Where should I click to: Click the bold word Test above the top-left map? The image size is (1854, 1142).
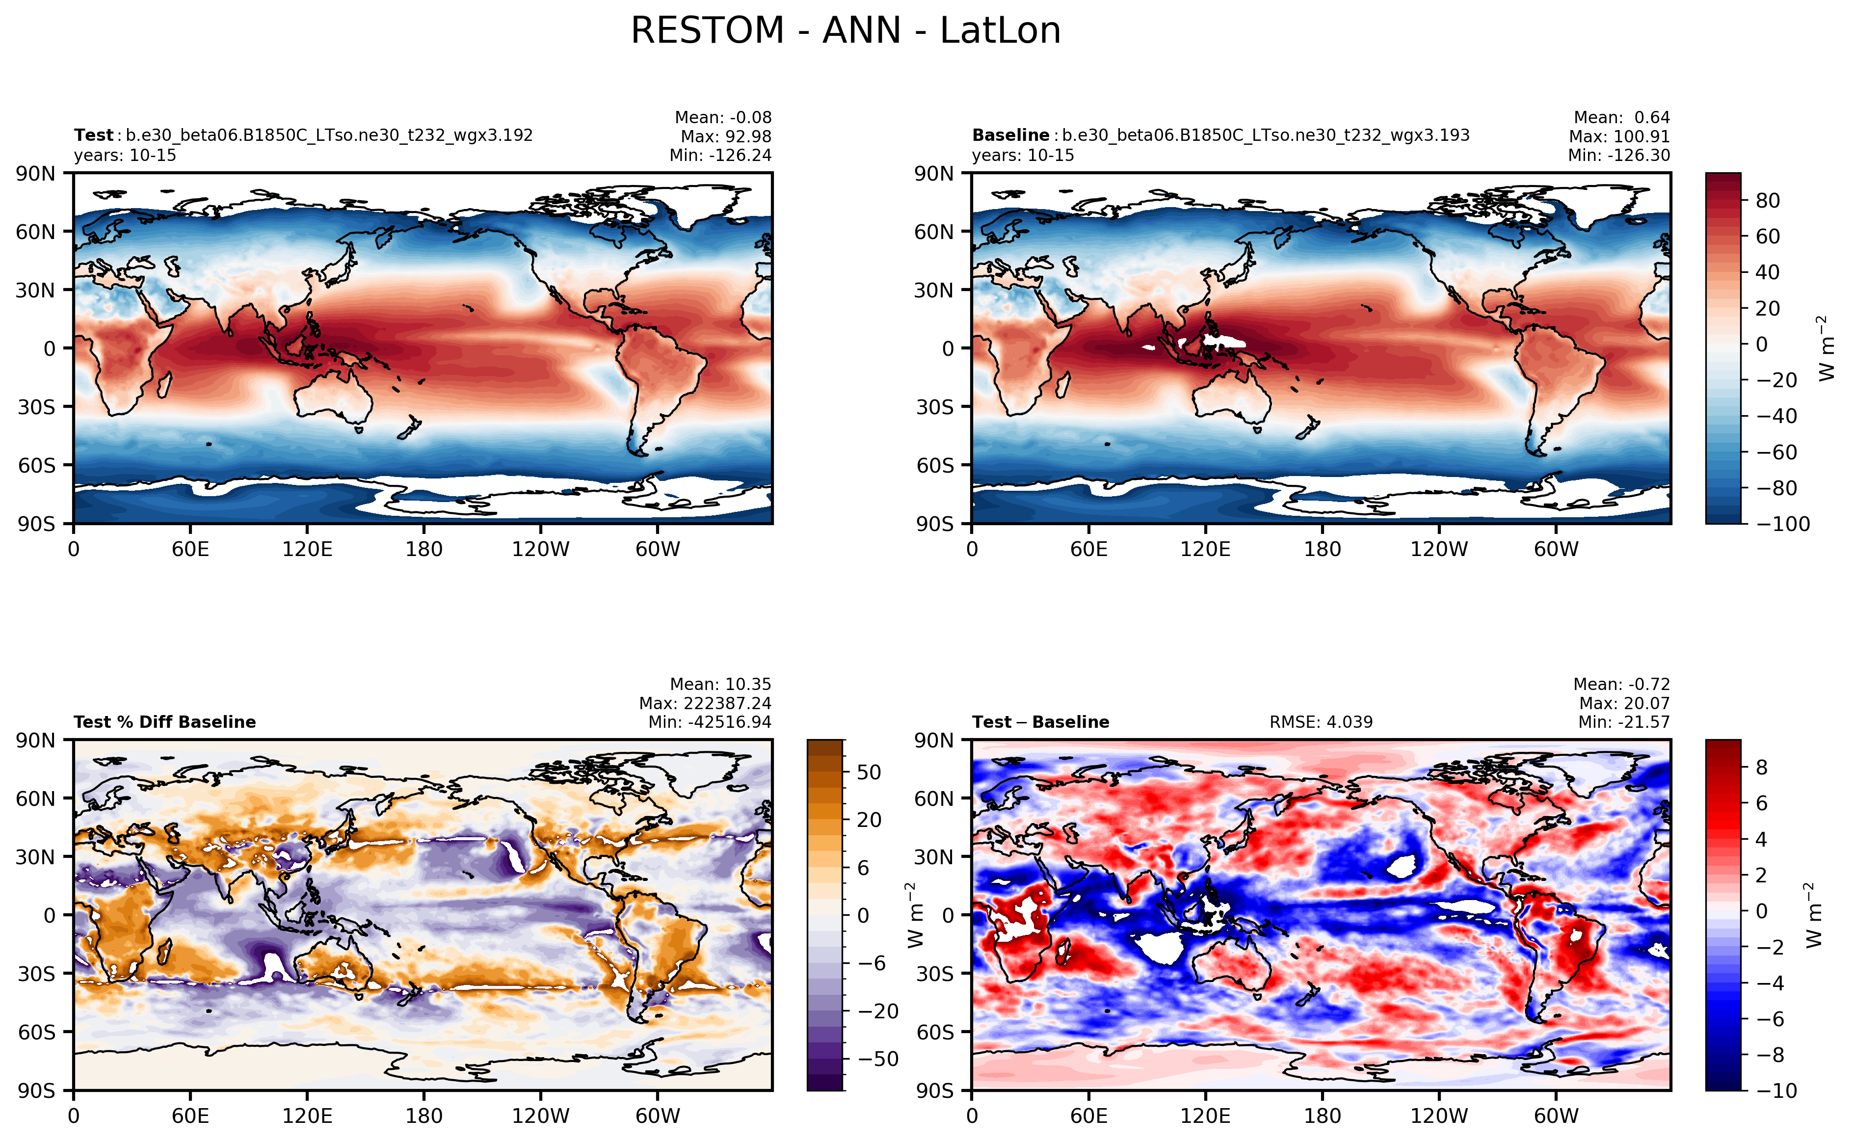coord(93,135)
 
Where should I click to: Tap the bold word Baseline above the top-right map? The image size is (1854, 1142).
coord(1010,135)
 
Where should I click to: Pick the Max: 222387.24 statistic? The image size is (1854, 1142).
coord(705,703)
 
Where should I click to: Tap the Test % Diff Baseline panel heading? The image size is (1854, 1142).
coord(164,722)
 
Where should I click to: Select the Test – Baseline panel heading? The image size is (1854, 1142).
coord(1040,722)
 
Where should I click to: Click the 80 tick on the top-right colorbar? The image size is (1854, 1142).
coord(1767,201)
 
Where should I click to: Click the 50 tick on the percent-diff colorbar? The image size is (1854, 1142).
coord(869,772)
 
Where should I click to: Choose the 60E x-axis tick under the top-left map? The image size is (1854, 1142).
coord(189,549)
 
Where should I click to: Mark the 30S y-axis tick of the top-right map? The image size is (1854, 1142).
coord(935,407)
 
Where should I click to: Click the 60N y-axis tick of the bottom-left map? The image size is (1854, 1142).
coord(35,798)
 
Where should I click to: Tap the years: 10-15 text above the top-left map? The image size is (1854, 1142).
coord(125,156)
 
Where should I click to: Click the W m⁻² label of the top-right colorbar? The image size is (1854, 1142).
coord(1826,348)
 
